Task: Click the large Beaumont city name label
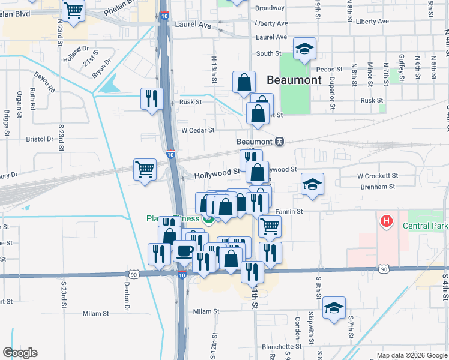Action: pyautogui.click(x=294, y=79)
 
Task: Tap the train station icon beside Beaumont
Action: pyautogui.click(x=279, y=142)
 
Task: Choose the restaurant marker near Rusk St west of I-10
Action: pyautogui.click(x=151, y=98)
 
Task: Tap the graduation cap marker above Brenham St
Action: pyautogui.click(x=312, y=184)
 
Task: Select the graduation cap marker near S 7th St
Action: pyautogui.click(x=334, y=308)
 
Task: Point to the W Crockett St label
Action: pyautogui.click(x=378, y=176)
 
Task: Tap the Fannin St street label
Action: pyautogui.click(x=289, y=211)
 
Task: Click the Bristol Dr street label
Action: pyautogui.click(x=40, y=139)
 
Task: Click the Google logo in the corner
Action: pyautogui.click(x=20, y=353)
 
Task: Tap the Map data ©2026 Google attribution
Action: pyautogui.click(x=411, y=355)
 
